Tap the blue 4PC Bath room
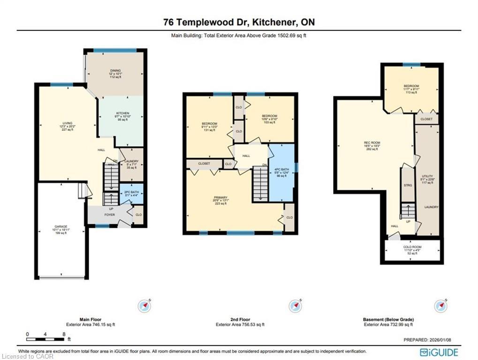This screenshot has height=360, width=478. tap(281, 172)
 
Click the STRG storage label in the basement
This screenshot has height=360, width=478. tap(408, 186)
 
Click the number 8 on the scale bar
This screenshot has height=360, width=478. tap(64, 334)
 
